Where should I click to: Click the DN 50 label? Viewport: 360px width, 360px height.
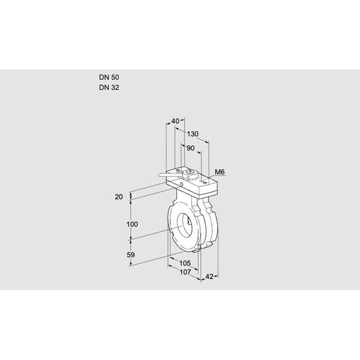(109, 77)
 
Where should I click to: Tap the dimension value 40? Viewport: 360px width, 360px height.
(175, 122)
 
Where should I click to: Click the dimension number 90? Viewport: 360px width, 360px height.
(191, 148)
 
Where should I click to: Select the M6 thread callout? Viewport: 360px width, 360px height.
(220, 173)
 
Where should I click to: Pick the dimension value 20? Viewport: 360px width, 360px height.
(119, 197)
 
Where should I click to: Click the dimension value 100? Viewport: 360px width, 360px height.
(133, 224)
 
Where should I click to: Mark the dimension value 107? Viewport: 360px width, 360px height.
(185, 272)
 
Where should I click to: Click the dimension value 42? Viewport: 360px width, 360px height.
(209, 276)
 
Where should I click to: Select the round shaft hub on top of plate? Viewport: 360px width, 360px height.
(191, 175)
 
